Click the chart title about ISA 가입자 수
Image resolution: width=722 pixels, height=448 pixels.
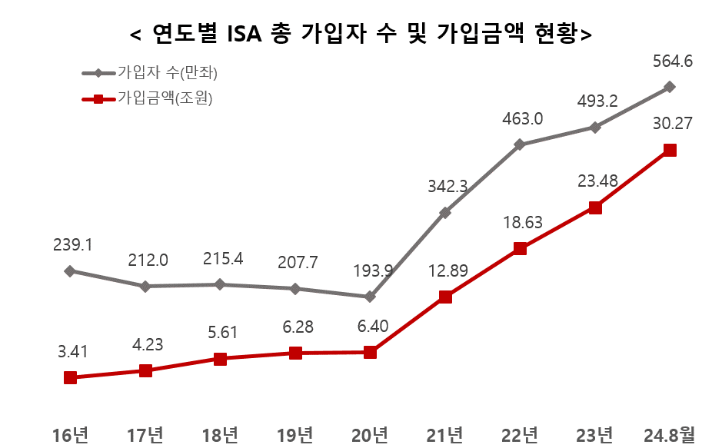point(361,33)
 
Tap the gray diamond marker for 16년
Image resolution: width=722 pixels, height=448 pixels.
point(70,270)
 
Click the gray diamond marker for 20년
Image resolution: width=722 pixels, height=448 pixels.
point(370,297)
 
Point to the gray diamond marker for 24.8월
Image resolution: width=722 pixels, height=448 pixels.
point(670,87)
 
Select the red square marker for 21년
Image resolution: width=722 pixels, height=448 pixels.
point(444,297)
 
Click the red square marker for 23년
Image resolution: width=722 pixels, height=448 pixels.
point(594,207)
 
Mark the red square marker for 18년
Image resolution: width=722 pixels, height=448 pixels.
point(220,359)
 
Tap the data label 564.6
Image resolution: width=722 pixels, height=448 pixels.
point(670,61)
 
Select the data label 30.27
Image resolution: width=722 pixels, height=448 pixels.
point(670,123)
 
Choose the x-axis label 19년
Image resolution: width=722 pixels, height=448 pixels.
point(294,435)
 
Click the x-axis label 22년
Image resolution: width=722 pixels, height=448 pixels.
point(520,435)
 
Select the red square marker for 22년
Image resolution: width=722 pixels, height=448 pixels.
point(520,248)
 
